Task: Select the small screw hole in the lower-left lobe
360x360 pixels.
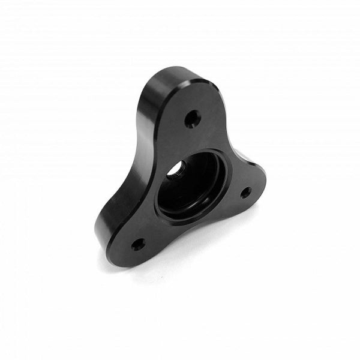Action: [x=137, y=244]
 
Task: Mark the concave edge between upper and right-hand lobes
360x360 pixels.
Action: [x=231, y=144]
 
